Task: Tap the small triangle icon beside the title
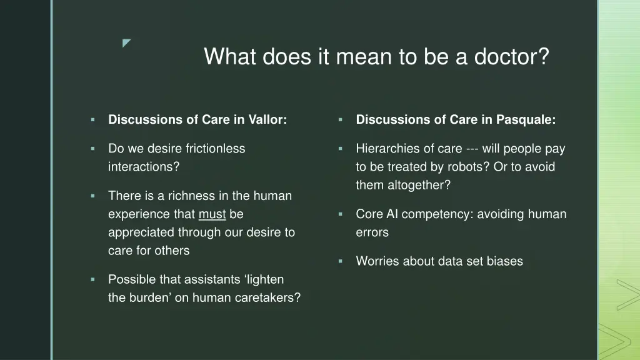[127, 43]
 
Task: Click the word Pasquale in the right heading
[526, 120]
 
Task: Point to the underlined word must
[212, 214]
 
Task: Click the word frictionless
[216, 149]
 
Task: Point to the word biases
[504, 261]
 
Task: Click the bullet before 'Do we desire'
[92, 149]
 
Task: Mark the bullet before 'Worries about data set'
[341, 261]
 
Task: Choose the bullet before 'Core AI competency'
[341, 214]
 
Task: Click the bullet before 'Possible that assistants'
[92, 279]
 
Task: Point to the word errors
[372, 232]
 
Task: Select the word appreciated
[140, 232]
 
